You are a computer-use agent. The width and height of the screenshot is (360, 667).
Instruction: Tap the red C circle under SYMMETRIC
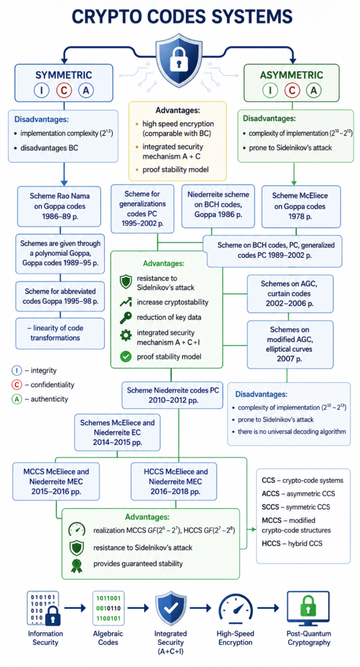click(x=64, y=90)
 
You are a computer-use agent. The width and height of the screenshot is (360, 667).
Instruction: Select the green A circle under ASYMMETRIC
click(x=314, y=90)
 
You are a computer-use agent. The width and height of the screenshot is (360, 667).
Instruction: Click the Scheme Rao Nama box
click(x=59, y=206)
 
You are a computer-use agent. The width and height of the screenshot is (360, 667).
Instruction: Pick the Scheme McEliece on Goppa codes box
click(x=301, y=206)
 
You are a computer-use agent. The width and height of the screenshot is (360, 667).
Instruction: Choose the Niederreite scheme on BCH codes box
click(x=218, y=206)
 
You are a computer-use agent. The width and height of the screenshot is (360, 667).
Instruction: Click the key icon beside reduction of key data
click(x=126, y=318)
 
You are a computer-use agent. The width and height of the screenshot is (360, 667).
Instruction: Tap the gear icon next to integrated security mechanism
click(x=126, y=335)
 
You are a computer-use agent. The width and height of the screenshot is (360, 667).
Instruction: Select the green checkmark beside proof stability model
click(x=126, y=357)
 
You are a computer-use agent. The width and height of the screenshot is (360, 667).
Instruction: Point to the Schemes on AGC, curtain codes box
click(x=290, y=293)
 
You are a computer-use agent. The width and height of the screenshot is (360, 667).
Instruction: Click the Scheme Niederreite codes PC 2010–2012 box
click(x=172, y=395)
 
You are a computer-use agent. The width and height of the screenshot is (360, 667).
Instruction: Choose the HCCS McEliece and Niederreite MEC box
click(x=174, y=481)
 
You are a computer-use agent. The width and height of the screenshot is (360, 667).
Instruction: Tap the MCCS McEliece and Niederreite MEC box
click(x=56, y=481)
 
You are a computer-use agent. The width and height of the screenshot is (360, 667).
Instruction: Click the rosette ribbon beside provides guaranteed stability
click(x=77, y=566)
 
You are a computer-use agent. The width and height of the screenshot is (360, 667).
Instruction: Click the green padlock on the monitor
click(x=308, y=606)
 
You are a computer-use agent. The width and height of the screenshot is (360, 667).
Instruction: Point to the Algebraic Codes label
click(x=108, y=638)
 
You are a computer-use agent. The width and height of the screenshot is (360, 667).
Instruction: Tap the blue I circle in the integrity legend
click(x=16, y=371)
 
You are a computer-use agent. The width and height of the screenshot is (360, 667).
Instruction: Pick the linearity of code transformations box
click(x=60, y=333)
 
